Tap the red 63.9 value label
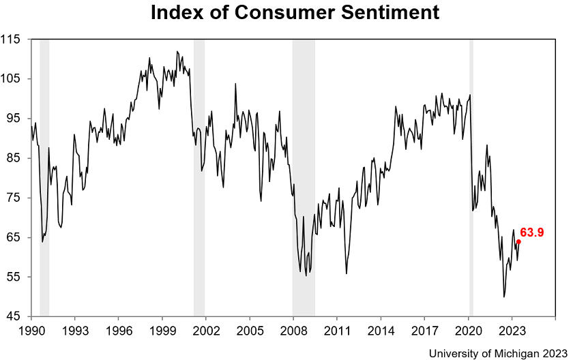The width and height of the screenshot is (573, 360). [x=532, y=232]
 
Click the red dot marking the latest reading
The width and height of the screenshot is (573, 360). [x=518, y=241]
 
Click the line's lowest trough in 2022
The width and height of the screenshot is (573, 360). [x=504, y=297]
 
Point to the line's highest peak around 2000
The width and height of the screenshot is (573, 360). [x=177, y=51]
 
